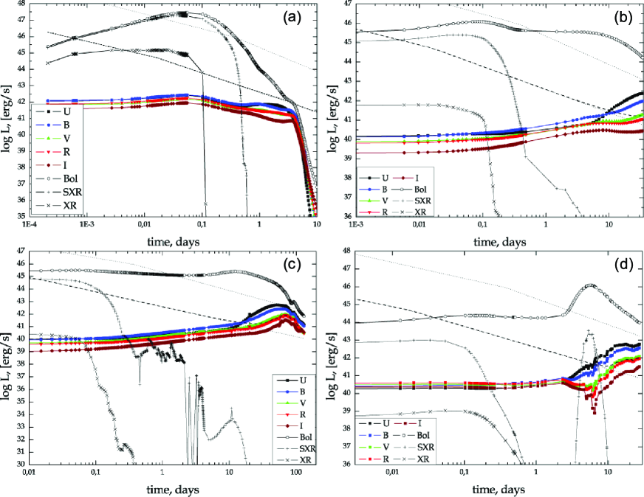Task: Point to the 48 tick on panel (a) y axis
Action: (21, 3)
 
